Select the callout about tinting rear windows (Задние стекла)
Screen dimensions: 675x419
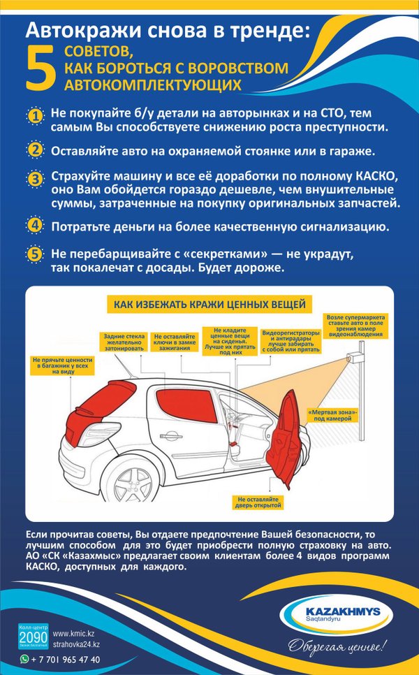click(123, 340)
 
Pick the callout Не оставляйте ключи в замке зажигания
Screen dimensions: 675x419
click(174, 340)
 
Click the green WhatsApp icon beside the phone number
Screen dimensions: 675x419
click(25, 659)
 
